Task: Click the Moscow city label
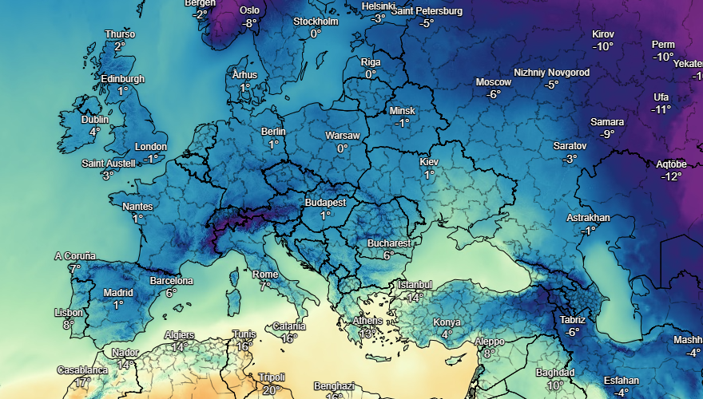pyautogui.click(x=493, y=82)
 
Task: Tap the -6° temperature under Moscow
pyautogui.click(x=493, y=94)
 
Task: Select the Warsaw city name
pyautogui.click(x=343, y=136)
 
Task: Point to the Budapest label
pyautogui.click(x=325, y=203)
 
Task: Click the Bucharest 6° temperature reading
pyautogui.click(x=388, y=255)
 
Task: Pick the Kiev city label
pyautogui.click(x=429, y=162)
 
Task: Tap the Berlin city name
pyautogui.click(x=273, y=132)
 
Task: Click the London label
pyautogui.click(x=150, y=147)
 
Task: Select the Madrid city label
pyautogui.click(x=118, y=292)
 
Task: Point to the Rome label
pyautogui.click(x=265, y=274)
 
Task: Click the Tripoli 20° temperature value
pyautogui.click(x=272, y=390)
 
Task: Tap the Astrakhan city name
pyautogui.click(x=588, y=218)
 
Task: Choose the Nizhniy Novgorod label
pyautogui.click(x=551, y=73)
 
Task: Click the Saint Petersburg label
pyautogui.click(x=427, y=11)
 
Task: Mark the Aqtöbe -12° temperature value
pyautogui.click(x=671, y=176)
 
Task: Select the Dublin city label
pyautogui.click(x=95, y=120)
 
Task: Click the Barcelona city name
pyautogui.click(x=172, y=281)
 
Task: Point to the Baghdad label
pyautogui.click(x=554, y=373)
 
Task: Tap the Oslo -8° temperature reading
pyautogui.click(x=250, y=23)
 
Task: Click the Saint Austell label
pyautogui.click(x=108, y=164)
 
